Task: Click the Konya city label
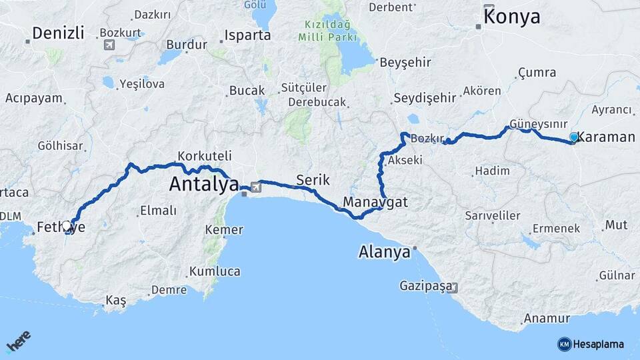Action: pyautogui.click(x=512, y=17)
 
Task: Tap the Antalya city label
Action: pyautogui.click(x=203, y=183)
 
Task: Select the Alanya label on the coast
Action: pyautogui.click(x=384, y=253)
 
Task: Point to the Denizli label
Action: pyautogui.click(x=59, y=33)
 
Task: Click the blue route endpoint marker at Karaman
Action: pyautogui.click(x=573, y=137)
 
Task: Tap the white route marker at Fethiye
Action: pyautogui.click(x=67, y=226)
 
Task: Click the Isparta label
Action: pyautogui.click(x=248, y=35)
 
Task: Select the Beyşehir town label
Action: pyautogui.click(x=405, y=63)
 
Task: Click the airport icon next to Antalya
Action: pyautogui.click(x=255, y=187)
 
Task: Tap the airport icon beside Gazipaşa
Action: pyautogui.click(x=453, y=288)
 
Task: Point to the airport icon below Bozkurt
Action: pyautogui.click(x=109, y=45)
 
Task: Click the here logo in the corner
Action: pyautogui.click(x=19, y=342)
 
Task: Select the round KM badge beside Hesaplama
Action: pyautogui.click(x=564, y=344)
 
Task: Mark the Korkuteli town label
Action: pyautogui.click(x=205, y=155)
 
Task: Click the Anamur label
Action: pyautogui.click(x=547, y=319)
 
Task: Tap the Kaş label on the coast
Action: pyautogui.click(x=115, y=301)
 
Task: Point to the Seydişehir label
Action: pyautogui.click(x=425, y=98)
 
